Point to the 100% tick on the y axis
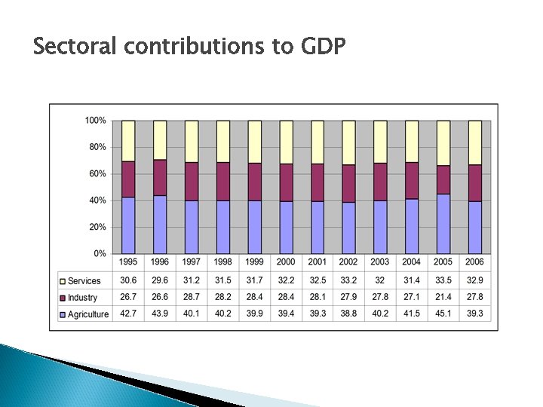click(x=95, y=121)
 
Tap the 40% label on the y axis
click(x=97, y=200)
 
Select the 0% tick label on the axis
click(x=100, y=253)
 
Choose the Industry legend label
click(x=83, y=298)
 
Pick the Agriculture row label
click(x=87, y=314)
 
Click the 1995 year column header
click(x=128, y=262)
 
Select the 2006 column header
click(x=475, y=262)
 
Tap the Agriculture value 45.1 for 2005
click(x=443, y=314)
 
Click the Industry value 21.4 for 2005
click(x=443, y=298)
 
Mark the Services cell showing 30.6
click(x=128, y=281)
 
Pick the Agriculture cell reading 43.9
click(x=160, y=314)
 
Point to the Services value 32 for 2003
click(x=380, y=281)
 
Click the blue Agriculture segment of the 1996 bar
click(x=160, y=224)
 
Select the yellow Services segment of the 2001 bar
click(x=318, y=142)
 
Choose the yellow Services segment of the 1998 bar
click(x=223, y=141)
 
